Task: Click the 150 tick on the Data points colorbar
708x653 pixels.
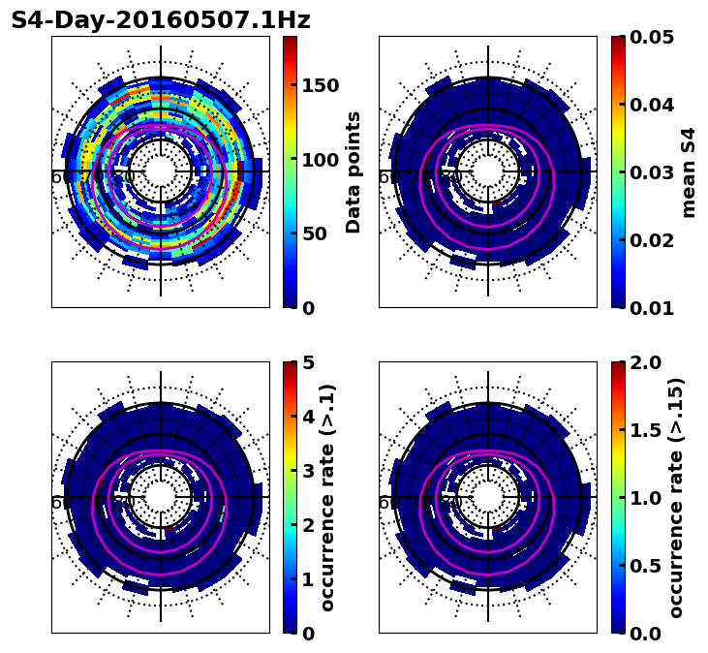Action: click(x=320, y=85)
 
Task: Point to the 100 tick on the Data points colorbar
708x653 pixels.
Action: click(x=320, y=160)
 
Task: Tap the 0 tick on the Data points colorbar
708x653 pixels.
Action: click(x=307, y=308)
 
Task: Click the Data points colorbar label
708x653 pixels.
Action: click(x=354, y=171)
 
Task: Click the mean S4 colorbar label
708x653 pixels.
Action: click(x=689, y=171)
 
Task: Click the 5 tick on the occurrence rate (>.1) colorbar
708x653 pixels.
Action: click(x=307, y=362)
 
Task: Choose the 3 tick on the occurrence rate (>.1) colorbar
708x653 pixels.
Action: click(x=307, y=471)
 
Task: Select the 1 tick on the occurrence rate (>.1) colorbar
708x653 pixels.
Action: click(x=307, y=579)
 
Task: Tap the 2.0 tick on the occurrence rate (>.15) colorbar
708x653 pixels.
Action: click(x=648, y=362)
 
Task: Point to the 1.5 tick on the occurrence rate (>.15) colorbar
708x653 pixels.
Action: click(x=648, y=430)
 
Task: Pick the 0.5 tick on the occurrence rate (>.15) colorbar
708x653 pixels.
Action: click(x=648, y=566)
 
